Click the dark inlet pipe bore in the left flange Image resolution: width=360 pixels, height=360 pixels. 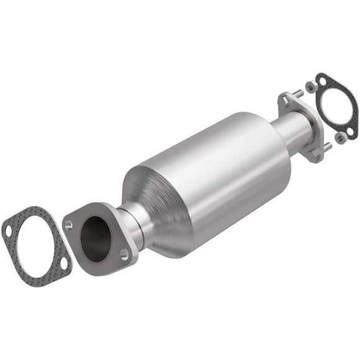click(x=96, y=236)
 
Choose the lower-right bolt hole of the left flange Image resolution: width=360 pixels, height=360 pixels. click(x=125, y=253)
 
